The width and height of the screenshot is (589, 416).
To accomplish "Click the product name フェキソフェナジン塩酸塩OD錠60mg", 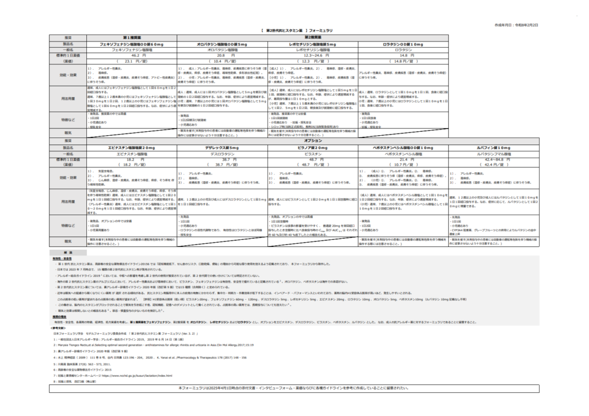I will [132, 44].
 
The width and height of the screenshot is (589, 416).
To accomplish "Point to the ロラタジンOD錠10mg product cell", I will [403, 44].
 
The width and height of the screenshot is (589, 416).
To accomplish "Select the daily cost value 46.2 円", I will [132, 55].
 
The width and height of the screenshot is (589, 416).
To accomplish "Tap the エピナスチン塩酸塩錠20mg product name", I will [132, 148].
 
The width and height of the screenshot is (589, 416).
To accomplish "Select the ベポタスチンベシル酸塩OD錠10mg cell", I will [403, 148].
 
